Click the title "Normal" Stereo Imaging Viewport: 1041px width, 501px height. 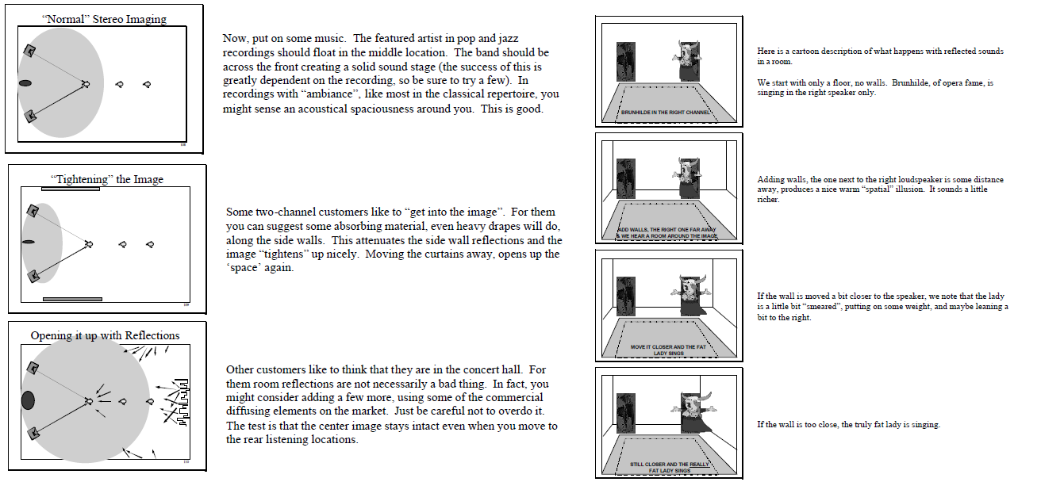(104, 19)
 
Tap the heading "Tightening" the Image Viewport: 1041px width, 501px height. (107, 179)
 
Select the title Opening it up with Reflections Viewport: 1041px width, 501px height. (105, 335)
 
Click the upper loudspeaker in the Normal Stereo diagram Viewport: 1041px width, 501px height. (29, 51)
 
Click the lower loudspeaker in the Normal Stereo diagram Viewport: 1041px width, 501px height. (30, 116)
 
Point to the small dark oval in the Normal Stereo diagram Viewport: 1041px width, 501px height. (25, 83)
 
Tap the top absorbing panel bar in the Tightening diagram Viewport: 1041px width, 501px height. (70, 189)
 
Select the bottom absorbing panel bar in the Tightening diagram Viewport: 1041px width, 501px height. (72, 299)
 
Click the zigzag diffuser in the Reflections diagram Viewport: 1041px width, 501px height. (183, 403)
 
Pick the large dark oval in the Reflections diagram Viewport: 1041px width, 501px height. (28, 400)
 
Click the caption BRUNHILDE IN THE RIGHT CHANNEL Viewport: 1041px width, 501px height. (666, 113)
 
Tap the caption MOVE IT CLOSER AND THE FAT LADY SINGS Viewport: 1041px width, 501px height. (668, 350)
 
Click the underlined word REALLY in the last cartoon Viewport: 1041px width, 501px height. (700, 465)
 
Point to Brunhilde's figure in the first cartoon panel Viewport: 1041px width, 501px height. (687, 61)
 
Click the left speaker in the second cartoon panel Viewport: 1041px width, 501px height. (626, 179)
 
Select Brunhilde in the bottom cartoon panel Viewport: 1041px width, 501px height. (693, 413)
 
